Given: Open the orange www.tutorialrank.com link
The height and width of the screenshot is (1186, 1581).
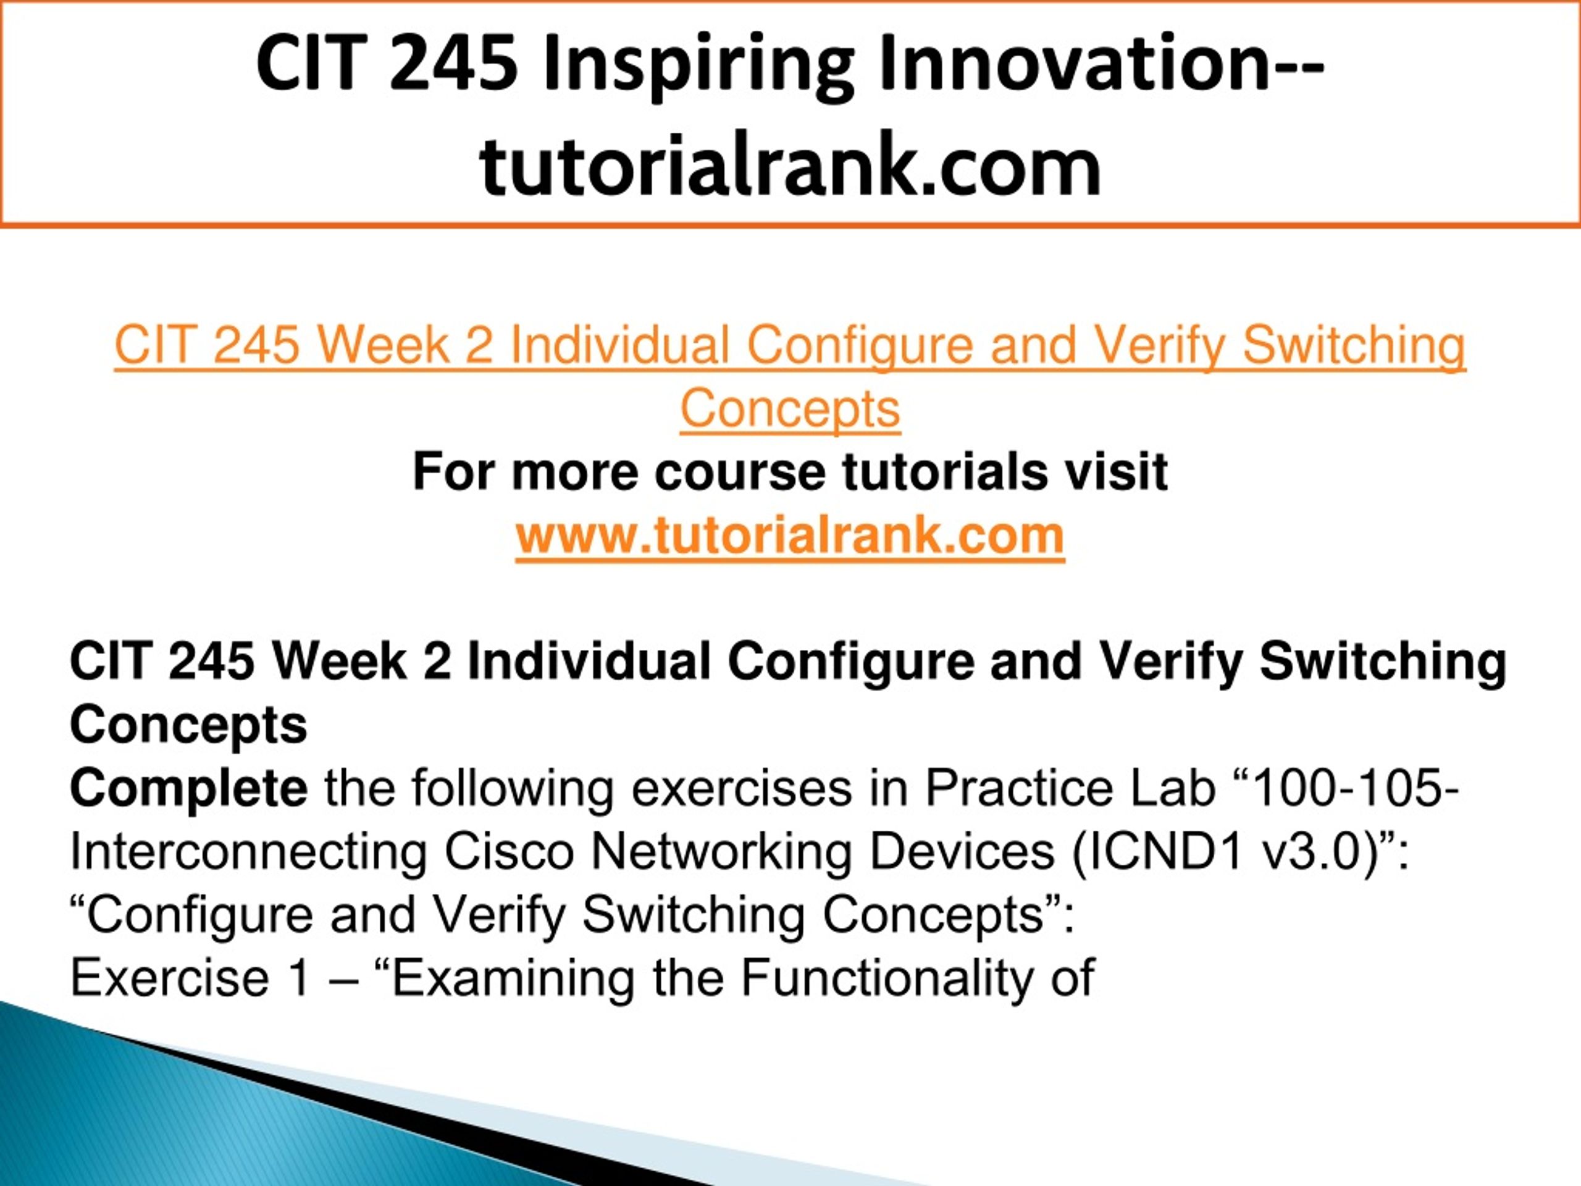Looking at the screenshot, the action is [x=790, y=536].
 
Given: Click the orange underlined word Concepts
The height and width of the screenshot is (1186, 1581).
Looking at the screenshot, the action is [x=790, y=410].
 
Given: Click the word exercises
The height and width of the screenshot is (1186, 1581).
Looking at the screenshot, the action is [x=742, y=789].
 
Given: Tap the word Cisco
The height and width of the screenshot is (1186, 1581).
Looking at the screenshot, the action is [x=509, y=851].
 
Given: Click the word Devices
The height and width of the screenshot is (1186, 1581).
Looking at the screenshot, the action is [x=962, y=851].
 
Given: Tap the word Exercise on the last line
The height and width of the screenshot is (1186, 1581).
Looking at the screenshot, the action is [x=169, y=978].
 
